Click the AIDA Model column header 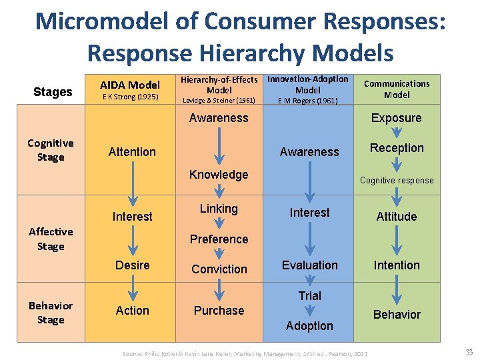point(130,85)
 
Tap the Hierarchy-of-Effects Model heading point(219,85)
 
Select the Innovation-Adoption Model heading point(308,84)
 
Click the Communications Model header point(397,89)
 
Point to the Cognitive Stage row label point(51,150)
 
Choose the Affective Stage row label point(51,239)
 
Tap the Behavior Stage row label point(51,312)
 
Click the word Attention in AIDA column point(132,152)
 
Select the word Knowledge point(219,175)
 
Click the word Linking point(219,209)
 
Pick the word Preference point(219,239)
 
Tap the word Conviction point(219,269)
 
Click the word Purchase point(219,311)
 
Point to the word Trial point(309,295)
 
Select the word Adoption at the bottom point(309,326)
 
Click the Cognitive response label point(397,180)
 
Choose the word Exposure point(397,118)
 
